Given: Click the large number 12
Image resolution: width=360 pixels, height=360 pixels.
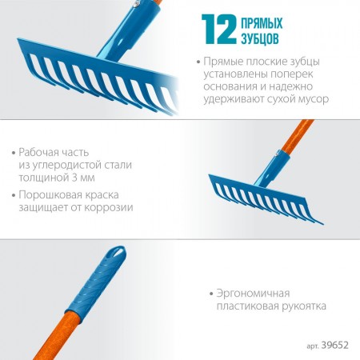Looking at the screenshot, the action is (219, 29).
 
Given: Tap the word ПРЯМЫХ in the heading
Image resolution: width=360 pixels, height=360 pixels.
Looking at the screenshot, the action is (262, 23).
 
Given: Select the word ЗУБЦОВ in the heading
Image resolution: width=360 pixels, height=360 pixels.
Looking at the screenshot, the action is (260, 38).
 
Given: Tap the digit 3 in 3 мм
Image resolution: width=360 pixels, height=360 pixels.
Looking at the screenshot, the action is (75, 178).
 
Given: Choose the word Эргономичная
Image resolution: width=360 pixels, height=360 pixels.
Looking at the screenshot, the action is (253, 294).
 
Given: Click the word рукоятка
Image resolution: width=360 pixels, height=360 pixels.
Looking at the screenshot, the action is (300, 306).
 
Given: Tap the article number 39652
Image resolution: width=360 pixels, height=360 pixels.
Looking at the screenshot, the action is (335, 346).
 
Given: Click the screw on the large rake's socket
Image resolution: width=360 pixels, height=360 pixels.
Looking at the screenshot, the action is (137, 2).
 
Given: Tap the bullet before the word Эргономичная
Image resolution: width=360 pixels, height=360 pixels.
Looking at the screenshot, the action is (211, 294).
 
